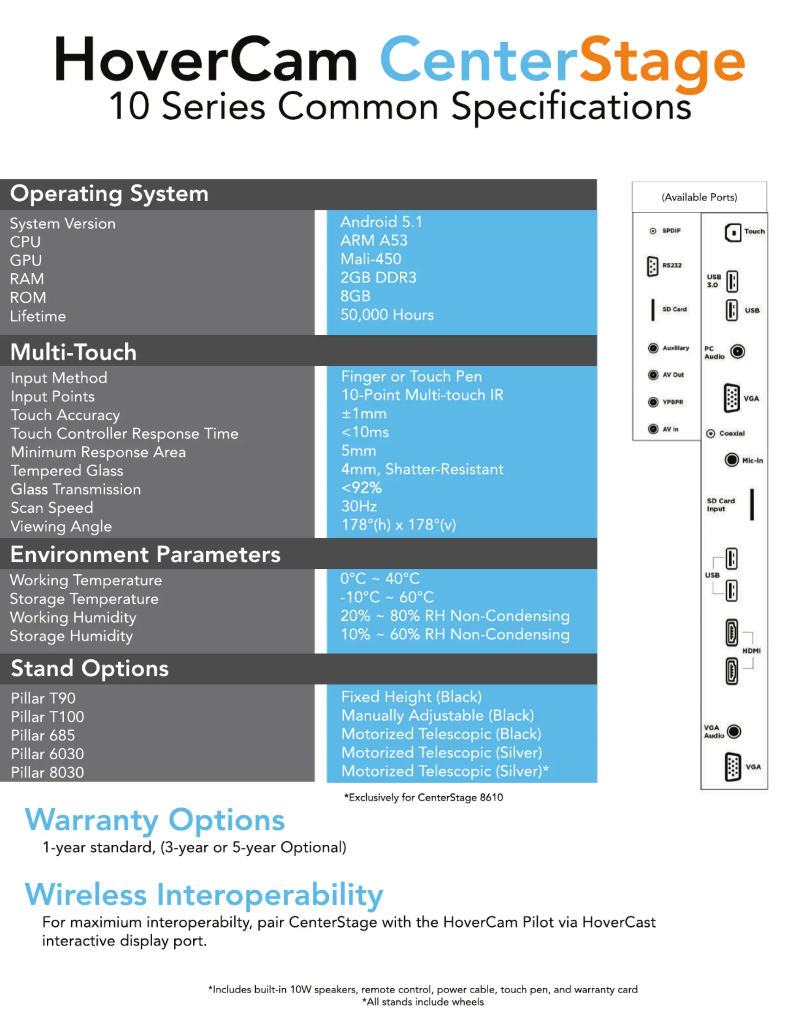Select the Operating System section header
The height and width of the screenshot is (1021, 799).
(110, 194)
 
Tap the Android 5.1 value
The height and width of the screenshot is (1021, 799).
(381, 221)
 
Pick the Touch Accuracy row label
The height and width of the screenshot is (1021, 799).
(66, 415)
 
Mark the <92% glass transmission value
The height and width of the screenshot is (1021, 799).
(362, 488)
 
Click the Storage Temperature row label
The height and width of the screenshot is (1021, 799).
(84, 599)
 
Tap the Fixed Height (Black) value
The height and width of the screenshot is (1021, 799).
(412, 697)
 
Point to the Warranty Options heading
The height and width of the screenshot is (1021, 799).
(155, 821)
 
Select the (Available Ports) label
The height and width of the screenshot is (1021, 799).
(700, 197)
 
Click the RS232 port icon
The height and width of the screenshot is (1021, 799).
(652, 266)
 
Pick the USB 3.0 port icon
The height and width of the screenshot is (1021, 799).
(732, 281)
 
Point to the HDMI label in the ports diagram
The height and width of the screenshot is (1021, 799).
(752, 651)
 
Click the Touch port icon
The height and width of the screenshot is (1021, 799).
(733, 233)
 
